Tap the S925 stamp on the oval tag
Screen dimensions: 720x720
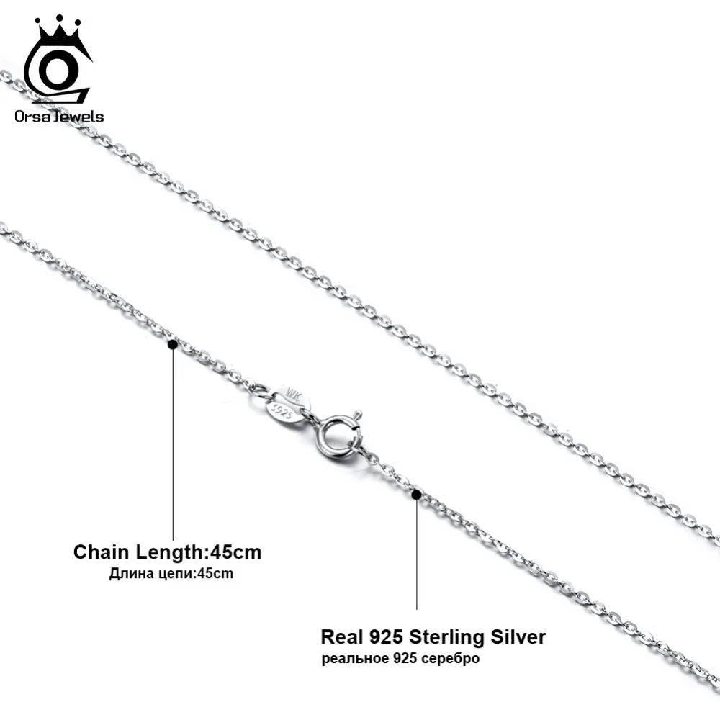coord(279,412)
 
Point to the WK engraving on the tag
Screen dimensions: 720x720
coord(294,397)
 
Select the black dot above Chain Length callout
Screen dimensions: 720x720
coord(172,345)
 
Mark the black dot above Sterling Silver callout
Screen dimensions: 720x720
coord(416,494)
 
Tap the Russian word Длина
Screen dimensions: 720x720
coord(127,574)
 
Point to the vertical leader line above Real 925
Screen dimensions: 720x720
coord(417,554)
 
